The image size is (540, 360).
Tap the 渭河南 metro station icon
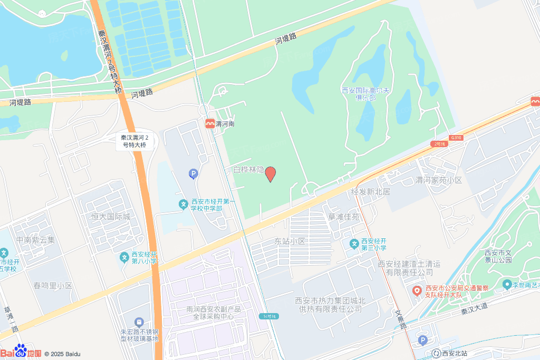[210, 123]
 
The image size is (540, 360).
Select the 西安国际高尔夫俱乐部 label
[365, 94]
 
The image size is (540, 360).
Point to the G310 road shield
[456, 138]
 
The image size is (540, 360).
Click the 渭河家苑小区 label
[439, 180]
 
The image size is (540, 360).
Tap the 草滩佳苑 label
[343, 217]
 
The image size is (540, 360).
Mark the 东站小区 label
[290, 241]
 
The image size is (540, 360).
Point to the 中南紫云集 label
[35, 240]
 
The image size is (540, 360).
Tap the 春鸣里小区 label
[53, 286]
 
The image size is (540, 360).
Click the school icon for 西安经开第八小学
[124, 257]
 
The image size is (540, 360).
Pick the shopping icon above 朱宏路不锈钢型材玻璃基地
[139, 322]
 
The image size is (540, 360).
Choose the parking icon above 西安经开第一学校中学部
[193, 173]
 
